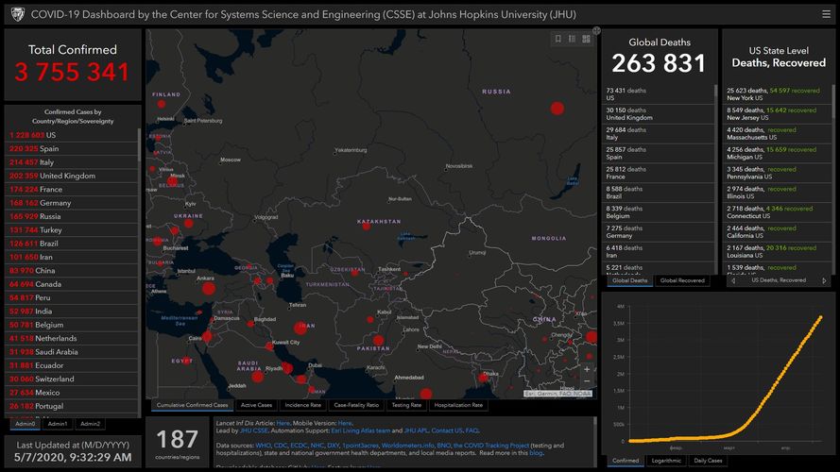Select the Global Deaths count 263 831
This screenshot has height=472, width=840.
pos(659,63)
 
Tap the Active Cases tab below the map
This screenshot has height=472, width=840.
pos(257,405)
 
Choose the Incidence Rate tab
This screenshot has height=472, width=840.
pos(302,405)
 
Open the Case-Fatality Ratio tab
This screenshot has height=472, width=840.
pos(356,405)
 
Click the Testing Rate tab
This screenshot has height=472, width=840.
pos(407,405)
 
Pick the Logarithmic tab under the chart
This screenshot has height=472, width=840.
pos(667,461)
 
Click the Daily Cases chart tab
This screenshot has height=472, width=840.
pos(709,461)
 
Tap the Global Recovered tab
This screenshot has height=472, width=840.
pos(681,280)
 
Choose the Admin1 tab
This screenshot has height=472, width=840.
pos(58,424)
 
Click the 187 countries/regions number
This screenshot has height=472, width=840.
pos(178,439)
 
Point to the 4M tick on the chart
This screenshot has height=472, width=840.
pos(618,307)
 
